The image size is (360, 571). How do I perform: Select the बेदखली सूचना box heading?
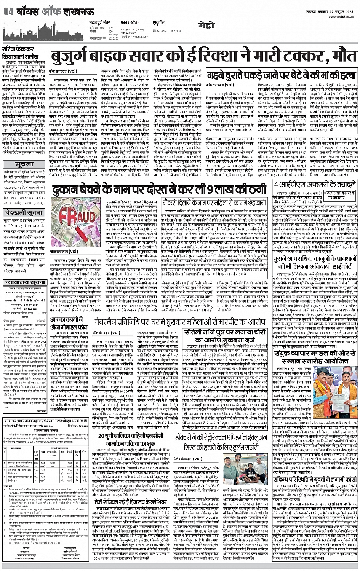pos(24,212)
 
